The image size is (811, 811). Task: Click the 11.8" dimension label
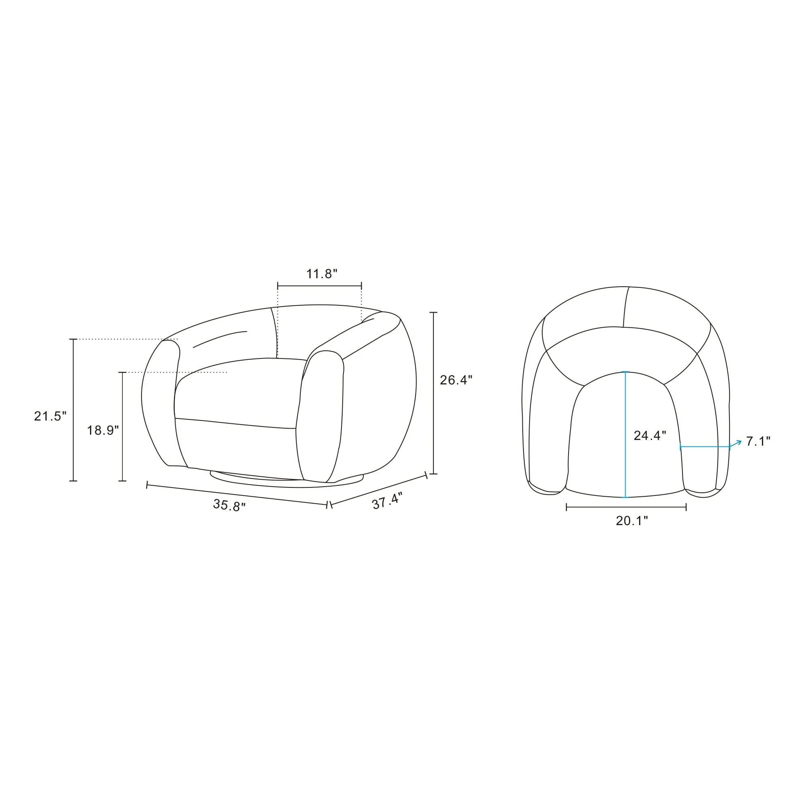tap(322, 274)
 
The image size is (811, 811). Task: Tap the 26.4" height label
tap(456, 380)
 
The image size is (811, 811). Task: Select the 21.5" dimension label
tap(50, 416)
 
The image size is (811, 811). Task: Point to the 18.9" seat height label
tap(103, 430)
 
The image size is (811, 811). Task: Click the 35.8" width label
tap(229, 505)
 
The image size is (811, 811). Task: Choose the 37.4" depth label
tap(387, 501)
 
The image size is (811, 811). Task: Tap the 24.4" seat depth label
tap(650, 436)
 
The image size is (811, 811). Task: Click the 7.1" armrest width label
tap(758, 441)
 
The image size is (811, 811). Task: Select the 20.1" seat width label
tap(632, 521)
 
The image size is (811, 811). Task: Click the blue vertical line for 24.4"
tap(625, 434)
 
